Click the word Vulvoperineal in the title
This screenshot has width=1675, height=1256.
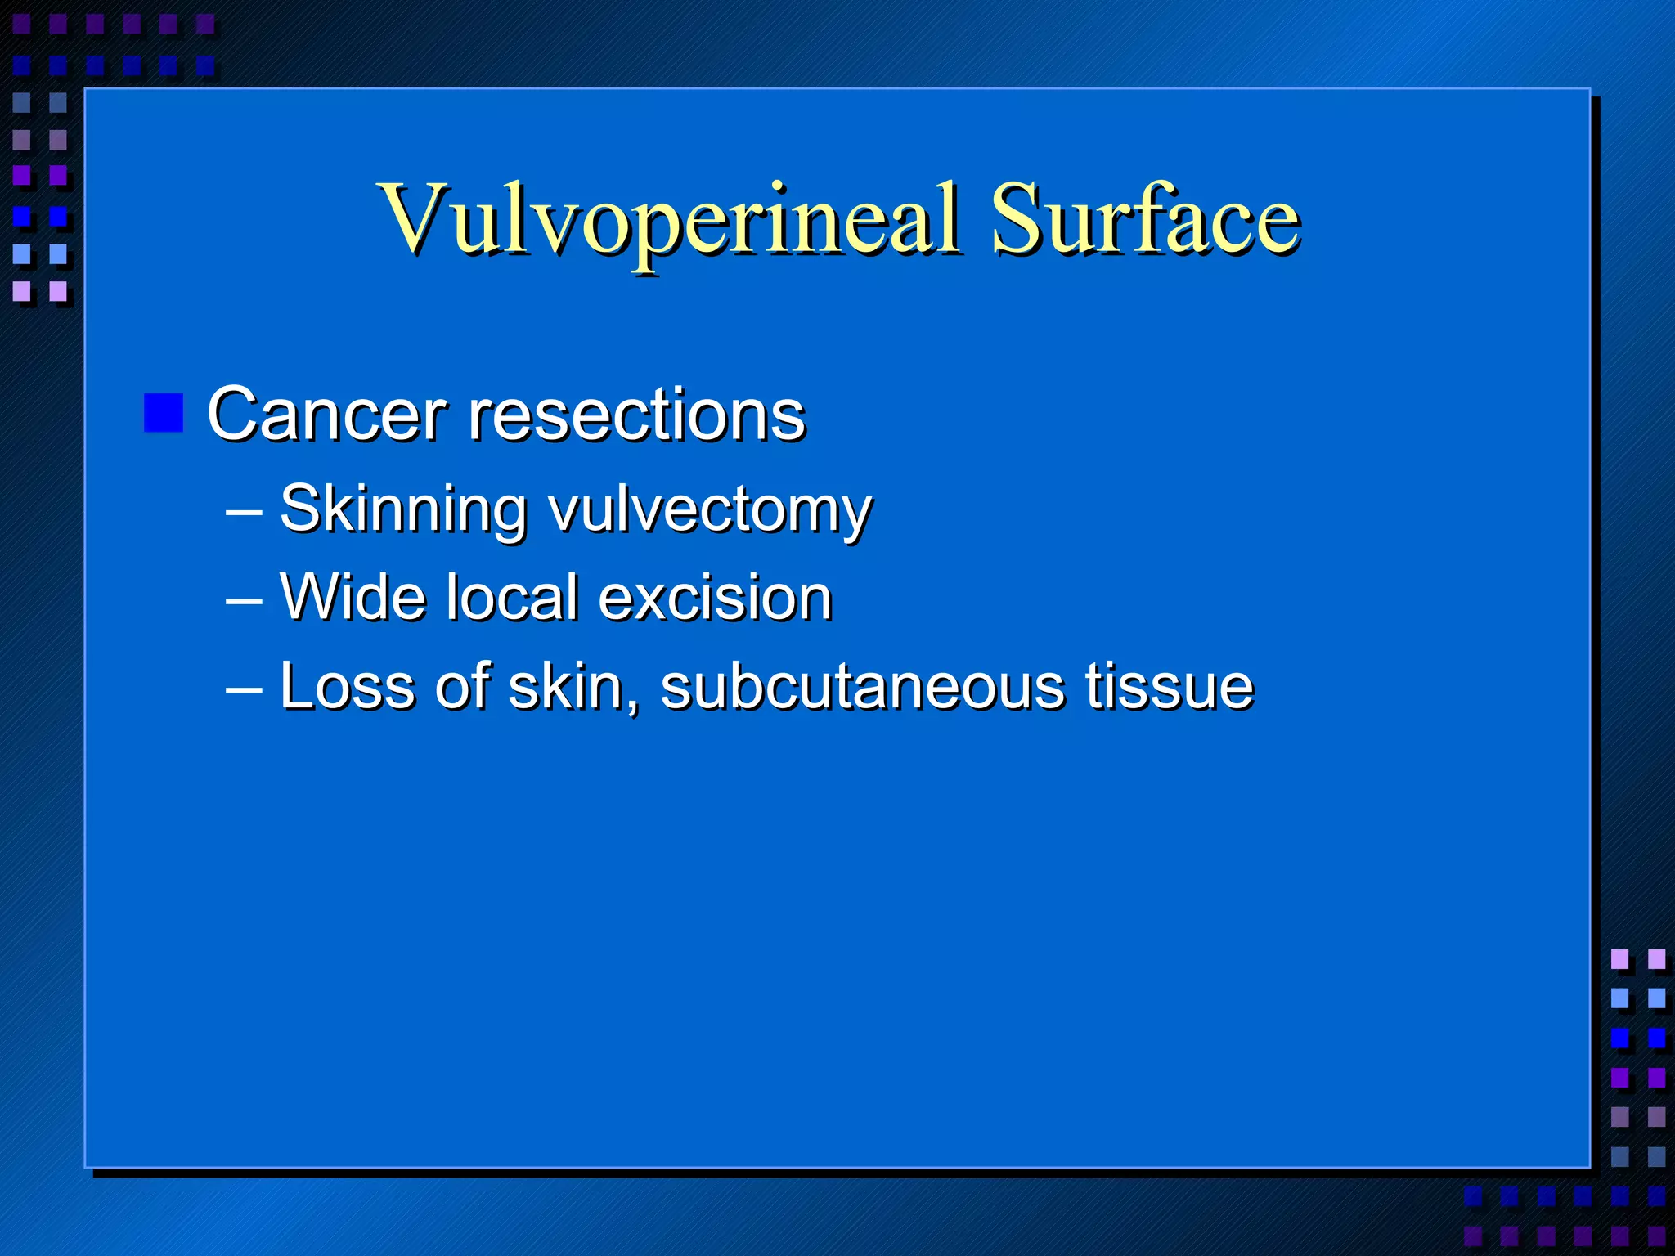tap(668, 219)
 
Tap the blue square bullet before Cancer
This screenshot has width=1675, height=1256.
tap(164, 413)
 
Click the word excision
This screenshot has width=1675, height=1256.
tap(716, 597)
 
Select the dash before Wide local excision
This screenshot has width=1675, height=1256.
tap(244, 601)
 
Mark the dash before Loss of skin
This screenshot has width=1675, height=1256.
tap(244, 689)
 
